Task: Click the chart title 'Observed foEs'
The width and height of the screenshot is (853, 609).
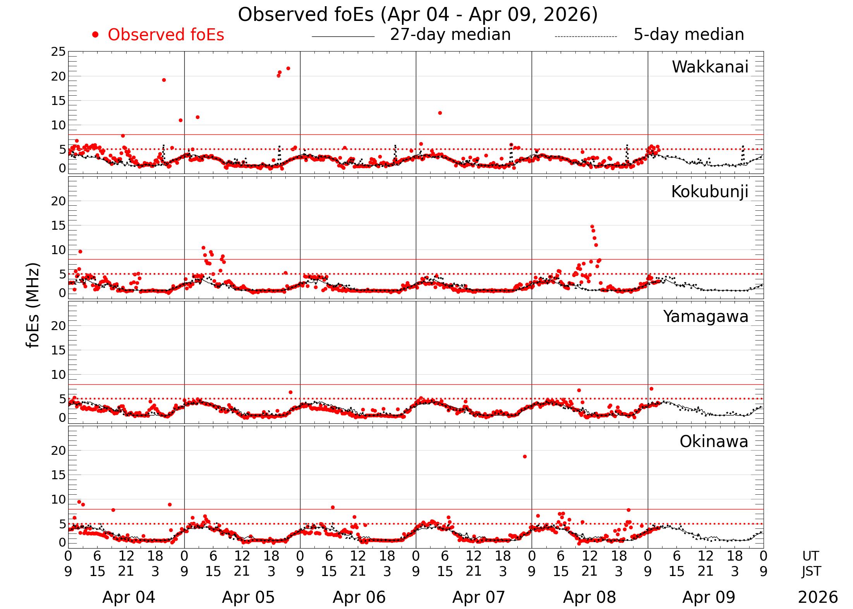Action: [x=417, y=15]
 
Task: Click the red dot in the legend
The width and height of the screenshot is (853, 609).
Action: [x=95, y=35]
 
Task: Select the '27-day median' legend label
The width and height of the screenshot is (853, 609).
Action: [x=450, y=34]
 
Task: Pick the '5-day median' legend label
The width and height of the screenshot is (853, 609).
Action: [x=688, y=34]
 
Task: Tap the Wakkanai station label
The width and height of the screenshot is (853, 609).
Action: [x=710, y=67]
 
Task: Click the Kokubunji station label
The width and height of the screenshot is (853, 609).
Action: [x=709, y=192]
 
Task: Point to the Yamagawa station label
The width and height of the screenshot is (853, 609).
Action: [x=705, y=317]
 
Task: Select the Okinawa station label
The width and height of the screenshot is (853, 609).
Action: [x=714, y=442]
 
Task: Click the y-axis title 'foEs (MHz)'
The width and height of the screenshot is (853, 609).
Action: [x=33, y=306]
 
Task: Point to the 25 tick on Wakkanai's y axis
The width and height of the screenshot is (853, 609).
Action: [x=58, y=52]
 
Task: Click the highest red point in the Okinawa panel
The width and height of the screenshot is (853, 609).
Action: [x=525, y=456]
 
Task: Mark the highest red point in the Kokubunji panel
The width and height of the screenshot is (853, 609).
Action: [x=592, y=227]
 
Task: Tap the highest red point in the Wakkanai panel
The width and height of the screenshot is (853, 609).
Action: [x=288, y=69]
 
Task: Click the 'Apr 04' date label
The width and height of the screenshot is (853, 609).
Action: [x=129, y=597]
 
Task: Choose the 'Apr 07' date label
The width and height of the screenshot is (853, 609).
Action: [x=479, y=597]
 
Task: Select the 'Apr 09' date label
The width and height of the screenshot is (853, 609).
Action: [x=709, y=597]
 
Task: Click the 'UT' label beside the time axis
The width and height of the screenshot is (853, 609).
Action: [x=810, y=556]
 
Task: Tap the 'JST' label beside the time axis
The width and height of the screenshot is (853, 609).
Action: [x=811, y=571]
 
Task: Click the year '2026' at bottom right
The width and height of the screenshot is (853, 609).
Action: [x=818, y=597]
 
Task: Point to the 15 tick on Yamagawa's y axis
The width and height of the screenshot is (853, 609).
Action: [x=58, y=350]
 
